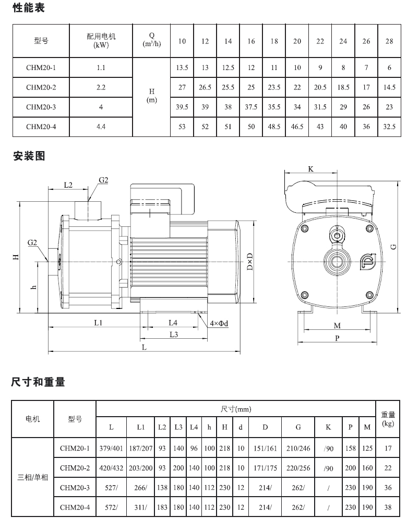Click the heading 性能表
(29, 9)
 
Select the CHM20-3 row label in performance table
(41, 107)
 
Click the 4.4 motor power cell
(101, 126)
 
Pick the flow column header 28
(389, 41)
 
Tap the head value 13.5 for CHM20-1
(182, 68)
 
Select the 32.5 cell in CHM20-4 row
(389, 126)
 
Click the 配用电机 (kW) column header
(101, 41)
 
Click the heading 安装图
(29, 156)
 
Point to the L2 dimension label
(68, 185)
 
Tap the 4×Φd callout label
(219, 324)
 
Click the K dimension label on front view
(310, 169)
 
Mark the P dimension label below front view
(337, 338)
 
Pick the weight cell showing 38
(387, 507)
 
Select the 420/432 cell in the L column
(111, 468)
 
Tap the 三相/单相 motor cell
(32, 478)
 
